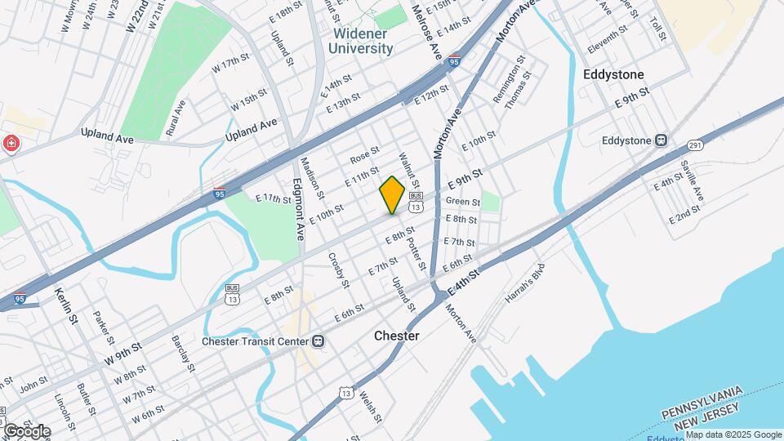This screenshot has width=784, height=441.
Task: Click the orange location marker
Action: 392,194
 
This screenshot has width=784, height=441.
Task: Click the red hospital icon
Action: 11,145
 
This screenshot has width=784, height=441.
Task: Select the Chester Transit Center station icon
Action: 318,341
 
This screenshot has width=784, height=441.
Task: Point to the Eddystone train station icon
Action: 661,140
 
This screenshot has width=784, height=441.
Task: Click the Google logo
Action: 26,431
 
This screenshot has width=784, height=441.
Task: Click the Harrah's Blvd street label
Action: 524,285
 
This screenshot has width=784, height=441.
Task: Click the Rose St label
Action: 365,154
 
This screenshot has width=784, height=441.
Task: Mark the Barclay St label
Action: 182,353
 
